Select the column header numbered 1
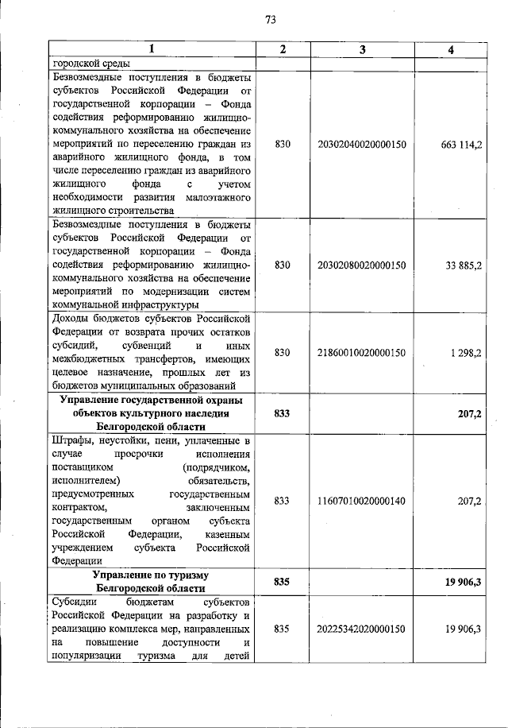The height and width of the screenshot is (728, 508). click(x=152, y=50)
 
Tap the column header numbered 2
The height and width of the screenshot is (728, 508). click(x=283, y=50)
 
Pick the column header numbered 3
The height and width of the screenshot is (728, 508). click(x=362, y=50)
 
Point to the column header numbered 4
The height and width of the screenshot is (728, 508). click(x=451, y=50)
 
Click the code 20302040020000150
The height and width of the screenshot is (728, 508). click(x=362, y=145)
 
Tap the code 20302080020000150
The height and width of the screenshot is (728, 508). click(x=362, y=265)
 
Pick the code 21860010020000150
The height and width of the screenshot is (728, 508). click(x=362, y=352)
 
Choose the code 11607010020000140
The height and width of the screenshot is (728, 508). click(x=362, y=501)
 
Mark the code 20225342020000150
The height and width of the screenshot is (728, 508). click(x=362, y=629)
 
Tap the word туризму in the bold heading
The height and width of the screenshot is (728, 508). click(x=187, y=574)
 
